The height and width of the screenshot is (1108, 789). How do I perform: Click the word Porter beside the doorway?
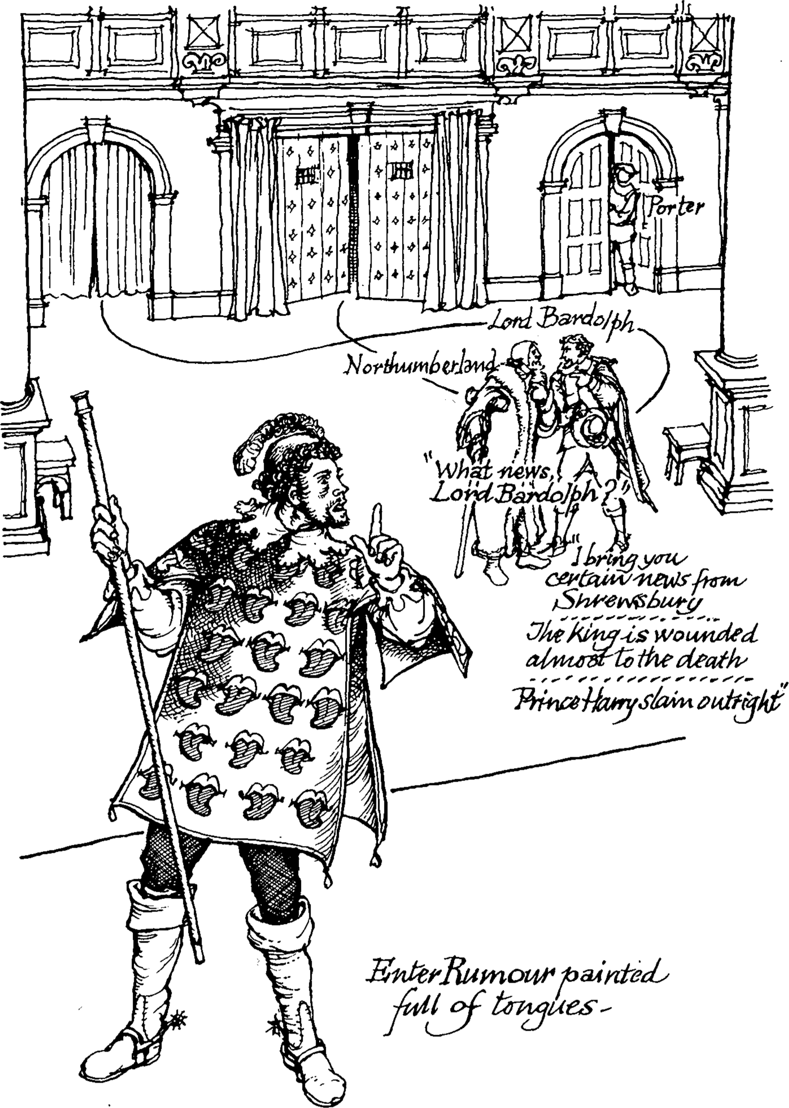[675, 207]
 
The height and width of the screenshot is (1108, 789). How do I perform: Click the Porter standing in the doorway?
[624, 226]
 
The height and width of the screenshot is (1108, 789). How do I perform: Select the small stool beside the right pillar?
[685, 446]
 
